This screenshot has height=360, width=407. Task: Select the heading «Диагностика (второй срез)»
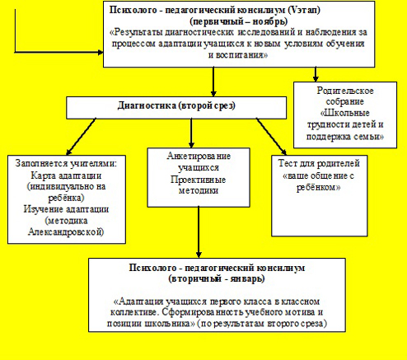tap(176, 105)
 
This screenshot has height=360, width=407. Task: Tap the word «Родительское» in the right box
tap(345, 91)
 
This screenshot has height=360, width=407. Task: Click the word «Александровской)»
tap(66, 232)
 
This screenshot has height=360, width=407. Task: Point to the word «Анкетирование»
tap(199, 156)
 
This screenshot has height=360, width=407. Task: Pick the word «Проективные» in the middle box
tap(198, 180)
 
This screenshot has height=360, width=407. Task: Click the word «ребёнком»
tap(319, 187)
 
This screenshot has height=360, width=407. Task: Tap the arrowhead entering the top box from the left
tap(101, 52)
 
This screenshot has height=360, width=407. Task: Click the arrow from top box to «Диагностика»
tap(213, 82)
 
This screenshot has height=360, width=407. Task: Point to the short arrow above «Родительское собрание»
tap(316, 74)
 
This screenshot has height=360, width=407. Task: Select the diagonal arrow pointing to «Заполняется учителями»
tap(81, 137)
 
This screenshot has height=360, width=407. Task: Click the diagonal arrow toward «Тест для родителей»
tap(271, 137)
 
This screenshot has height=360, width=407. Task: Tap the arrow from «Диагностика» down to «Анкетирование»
tap(191, 133)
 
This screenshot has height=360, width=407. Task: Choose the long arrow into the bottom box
tap(199, 232)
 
